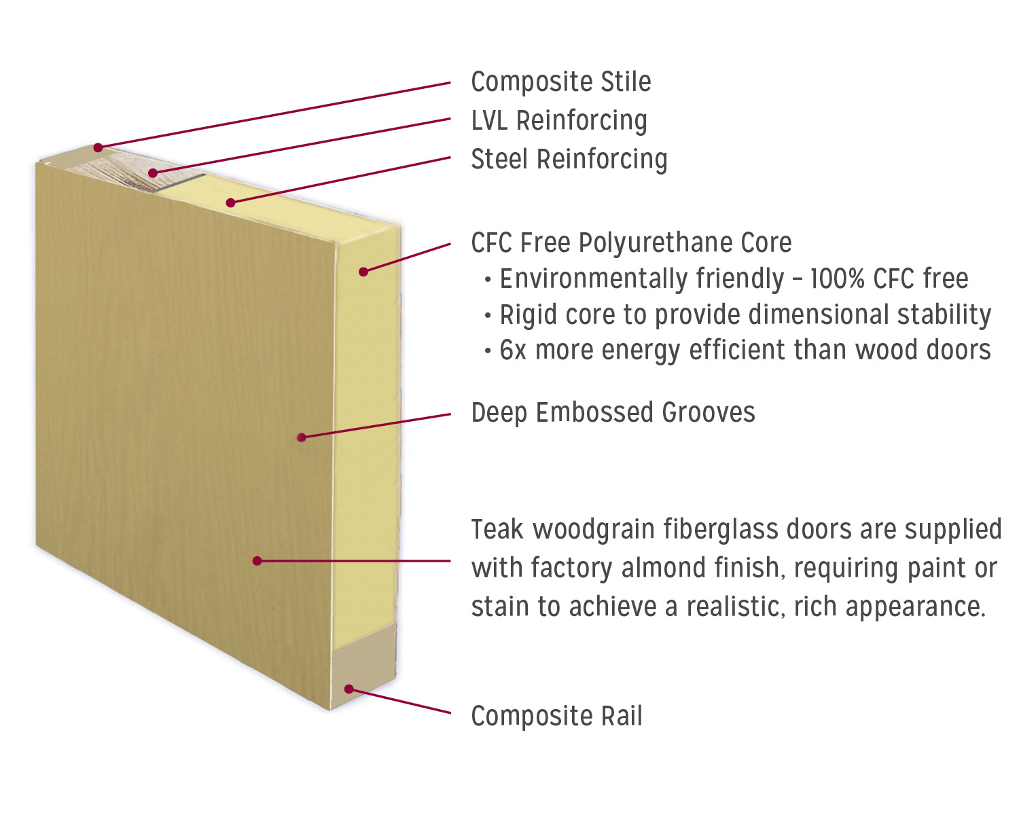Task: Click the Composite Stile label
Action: [560, 82]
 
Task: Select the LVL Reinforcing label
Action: [558, 121]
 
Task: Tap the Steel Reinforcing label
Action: [569, 160]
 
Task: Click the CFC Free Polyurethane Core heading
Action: [631, 243]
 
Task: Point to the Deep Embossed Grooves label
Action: [613, 413]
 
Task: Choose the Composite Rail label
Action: [556, 717]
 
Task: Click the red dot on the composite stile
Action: [99, 147]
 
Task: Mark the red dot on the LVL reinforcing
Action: [153, 173]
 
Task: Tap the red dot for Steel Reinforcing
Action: [231, 202]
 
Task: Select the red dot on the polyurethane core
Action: [363, 272]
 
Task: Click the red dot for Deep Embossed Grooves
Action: [302, 437]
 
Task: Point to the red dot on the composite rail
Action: [348, 689]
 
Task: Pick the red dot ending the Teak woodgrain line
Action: [257, 561]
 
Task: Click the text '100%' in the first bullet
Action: [837, 279]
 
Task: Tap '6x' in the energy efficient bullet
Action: [513, 350]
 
